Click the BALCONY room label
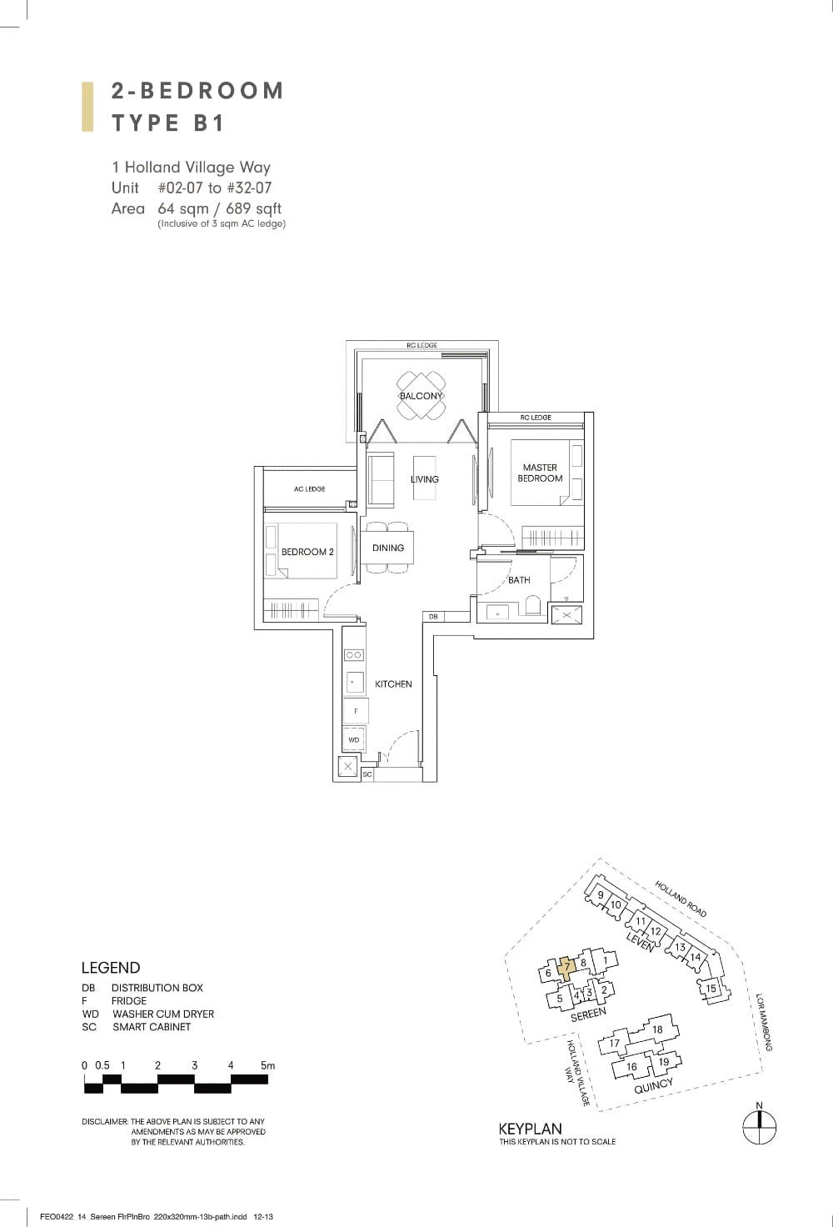421,396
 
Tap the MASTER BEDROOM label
540,473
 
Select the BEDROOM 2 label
307,552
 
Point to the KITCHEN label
393,684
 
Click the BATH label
519,580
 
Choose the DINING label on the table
388,548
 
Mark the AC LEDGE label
309,489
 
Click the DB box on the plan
433,616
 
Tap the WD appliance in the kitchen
354,739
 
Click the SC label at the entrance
367,774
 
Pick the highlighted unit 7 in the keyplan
566,968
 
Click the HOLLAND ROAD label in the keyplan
681,899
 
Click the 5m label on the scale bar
267,1065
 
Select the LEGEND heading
111,968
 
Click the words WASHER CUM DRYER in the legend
163,1014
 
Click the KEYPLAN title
530,1129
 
